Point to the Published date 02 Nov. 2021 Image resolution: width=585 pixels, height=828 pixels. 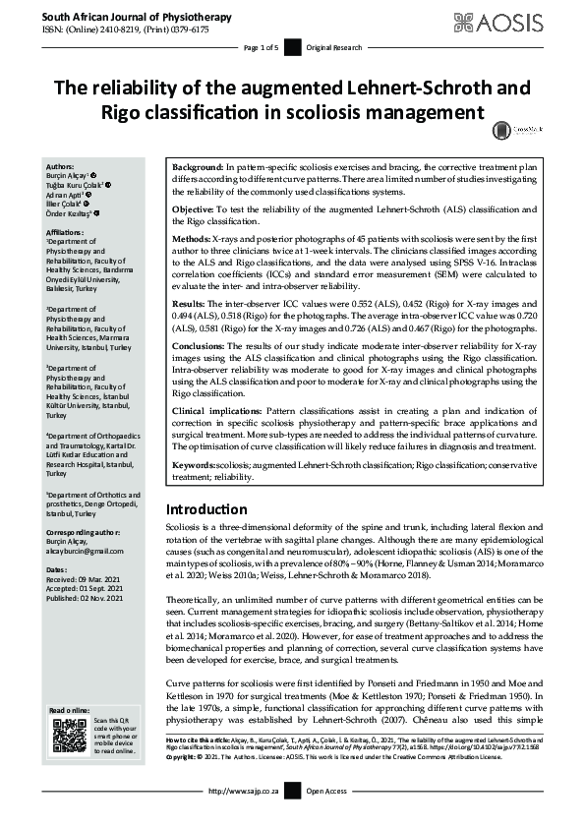[x=93, y=598]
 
